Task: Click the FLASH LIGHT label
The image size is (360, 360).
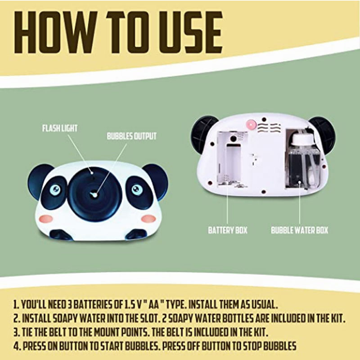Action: pos(60,128)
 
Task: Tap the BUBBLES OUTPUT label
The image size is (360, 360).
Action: pos(132,136)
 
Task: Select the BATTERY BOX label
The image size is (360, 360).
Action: pos(228,230)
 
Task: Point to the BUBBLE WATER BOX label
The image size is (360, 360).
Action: pos(299,230)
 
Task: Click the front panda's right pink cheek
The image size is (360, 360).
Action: pos(148,219)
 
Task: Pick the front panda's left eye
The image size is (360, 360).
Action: pos(55,189)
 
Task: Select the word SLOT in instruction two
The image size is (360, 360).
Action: pos(147,319)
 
